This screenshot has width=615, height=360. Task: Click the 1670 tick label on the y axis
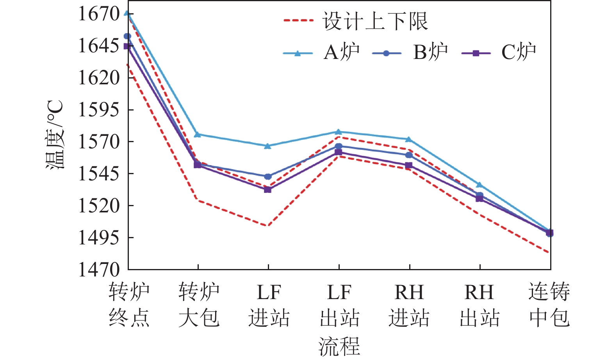(99, 14)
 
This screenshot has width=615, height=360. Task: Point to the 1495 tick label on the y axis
(99, 237)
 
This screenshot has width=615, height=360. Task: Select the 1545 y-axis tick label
(99, 174)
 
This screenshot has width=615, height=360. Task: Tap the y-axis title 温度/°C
(55, 135)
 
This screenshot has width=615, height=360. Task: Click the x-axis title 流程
(339, 346)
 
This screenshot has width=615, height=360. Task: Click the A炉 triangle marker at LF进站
(268, 146)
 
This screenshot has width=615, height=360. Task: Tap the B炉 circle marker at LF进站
(268, 176)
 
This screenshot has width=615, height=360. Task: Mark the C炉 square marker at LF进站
(268, 189)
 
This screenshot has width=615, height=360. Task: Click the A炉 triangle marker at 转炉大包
(198, 134)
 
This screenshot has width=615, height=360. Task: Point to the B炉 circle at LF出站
(339, 146)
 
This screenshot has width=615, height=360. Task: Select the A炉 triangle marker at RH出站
(479, 184)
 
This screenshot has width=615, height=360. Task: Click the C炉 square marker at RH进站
(409, 166)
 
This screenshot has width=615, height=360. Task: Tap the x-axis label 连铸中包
(549, 305)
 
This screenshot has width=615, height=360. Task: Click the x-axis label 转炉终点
(129, 305)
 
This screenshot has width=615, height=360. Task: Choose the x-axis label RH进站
(409, 305)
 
